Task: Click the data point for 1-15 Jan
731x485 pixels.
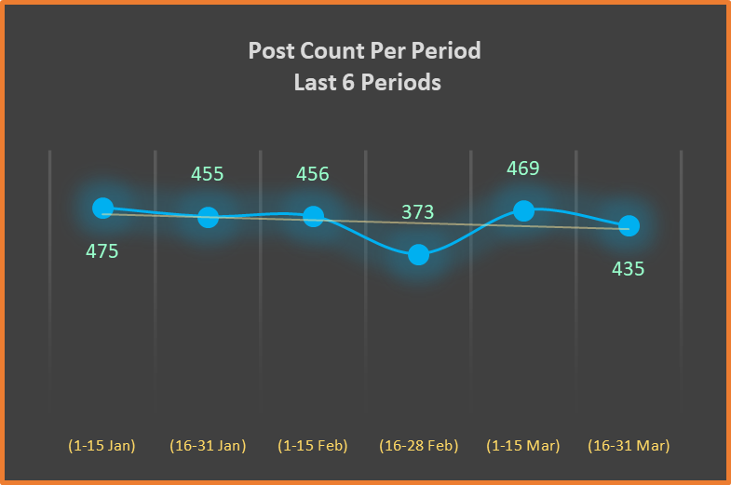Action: click(102, 209)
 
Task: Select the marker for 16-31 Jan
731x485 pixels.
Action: click(208, 217)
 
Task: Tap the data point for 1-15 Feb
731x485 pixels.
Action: click(313, 216)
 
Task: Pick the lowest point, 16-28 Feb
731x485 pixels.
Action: click(418, 254)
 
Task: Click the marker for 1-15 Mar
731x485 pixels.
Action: click(523, 211)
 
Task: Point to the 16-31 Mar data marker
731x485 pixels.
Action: click(629, 225)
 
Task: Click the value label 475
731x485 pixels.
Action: click(102, 251)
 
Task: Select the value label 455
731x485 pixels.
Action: click(207, 174)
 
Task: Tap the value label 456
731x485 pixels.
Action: click(312, 174)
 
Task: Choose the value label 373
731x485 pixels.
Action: click(417, 212)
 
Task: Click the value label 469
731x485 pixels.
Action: click(522, 168)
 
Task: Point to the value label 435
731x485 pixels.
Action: click(628, 269)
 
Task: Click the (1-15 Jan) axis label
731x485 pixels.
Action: click(102, 446)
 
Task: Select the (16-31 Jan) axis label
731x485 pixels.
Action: click(208, 446)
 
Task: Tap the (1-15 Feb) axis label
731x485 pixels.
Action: click(313, 446)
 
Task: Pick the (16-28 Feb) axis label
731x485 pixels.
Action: click(418, 446)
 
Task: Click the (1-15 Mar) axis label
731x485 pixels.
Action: click(523, 446)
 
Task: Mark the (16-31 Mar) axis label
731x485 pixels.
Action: click(629, 446)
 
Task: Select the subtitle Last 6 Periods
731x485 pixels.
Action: click(366, 83)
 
